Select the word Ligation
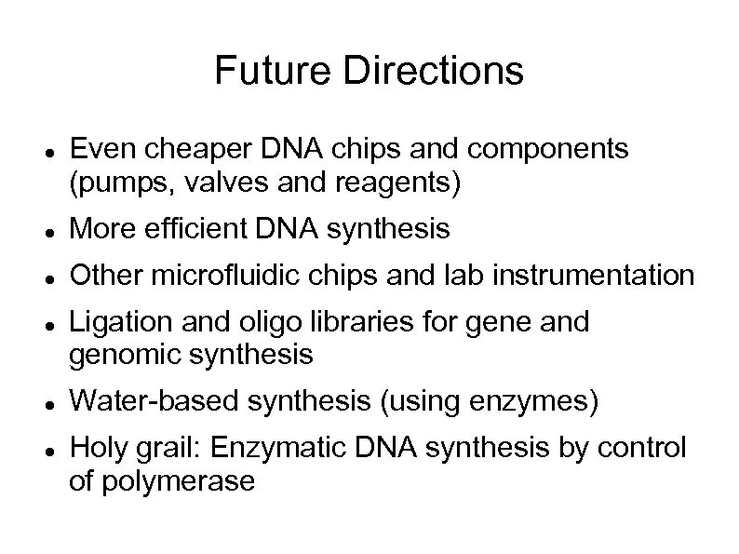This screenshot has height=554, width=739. (114, 323)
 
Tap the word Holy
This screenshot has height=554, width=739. (97, 450)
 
